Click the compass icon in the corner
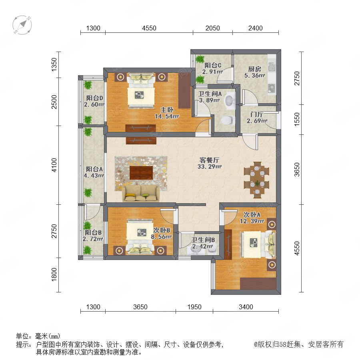point(22,25)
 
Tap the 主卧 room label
point(167,110)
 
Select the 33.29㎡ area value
point(209,166)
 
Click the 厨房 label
point(255,69)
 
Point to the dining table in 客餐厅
point(257,180)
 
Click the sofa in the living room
point(141,194)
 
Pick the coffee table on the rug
point(141,173)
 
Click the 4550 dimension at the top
point(149,28)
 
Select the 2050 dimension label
point(213,28)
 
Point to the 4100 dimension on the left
point(54,165)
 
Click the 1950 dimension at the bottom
point(194,307)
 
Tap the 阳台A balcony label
point(94,169)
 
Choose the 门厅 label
point(257,114)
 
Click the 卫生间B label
point(203,240)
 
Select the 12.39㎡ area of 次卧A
point(252,221)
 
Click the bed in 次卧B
point(140,237)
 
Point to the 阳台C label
point(213,66)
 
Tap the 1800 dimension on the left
point(54,274)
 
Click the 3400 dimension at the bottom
point(246,307)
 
